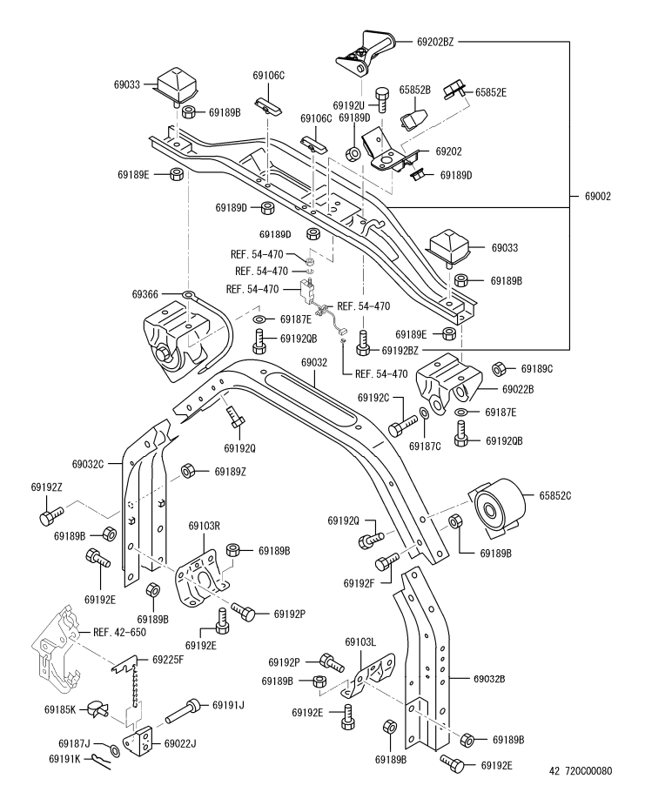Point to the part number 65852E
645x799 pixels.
tap(492, 91)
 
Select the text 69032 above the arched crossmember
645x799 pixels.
tap(313, 362)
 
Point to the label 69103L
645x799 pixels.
tap(359, 642)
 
